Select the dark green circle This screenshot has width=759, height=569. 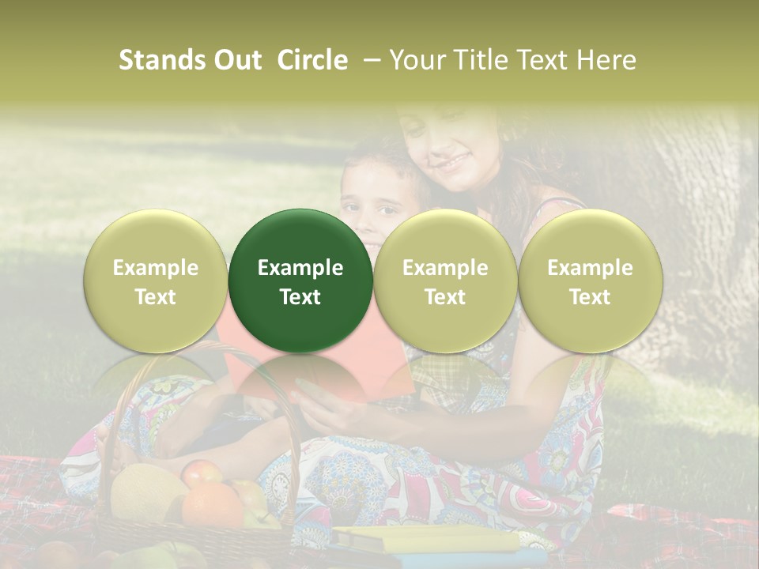point(300,281)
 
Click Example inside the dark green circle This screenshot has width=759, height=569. point(300,268)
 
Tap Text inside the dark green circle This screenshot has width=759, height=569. point(300,297)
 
